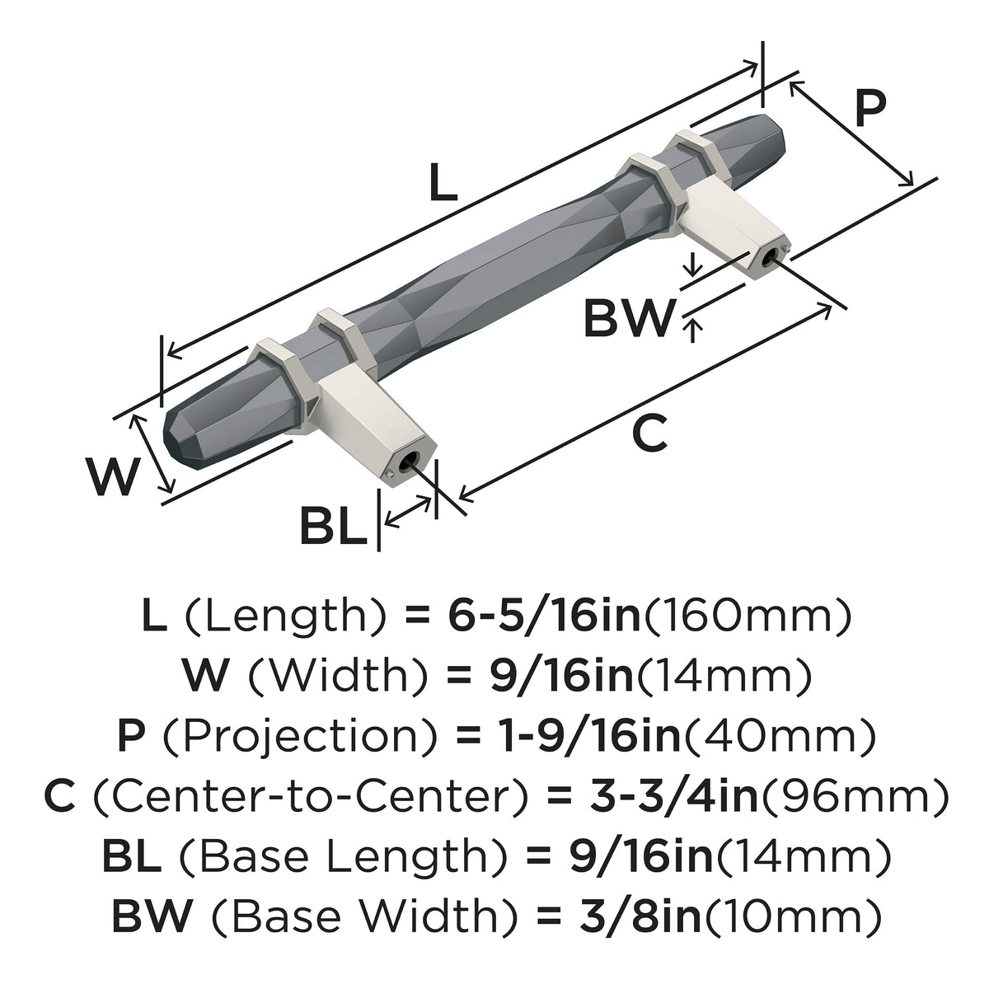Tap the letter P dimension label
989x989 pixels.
pos(870,107)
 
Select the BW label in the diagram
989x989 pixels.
pos(628,318)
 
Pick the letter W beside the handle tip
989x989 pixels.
pos(114,476)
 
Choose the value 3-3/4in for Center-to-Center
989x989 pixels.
pos(673,798)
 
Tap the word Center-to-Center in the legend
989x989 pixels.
pos(311,798)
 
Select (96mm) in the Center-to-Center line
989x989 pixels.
pos(852,799)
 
